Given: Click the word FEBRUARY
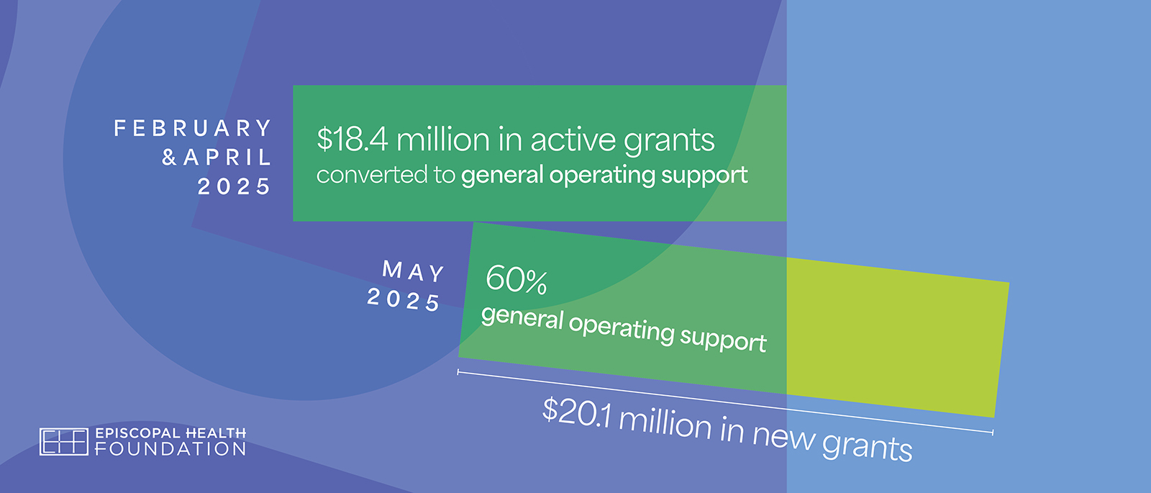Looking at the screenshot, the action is (x=193, y=128).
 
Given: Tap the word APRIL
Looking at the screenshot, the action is (x=227, y=158).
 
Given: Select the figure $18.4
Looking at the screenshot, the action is (x=352, y=140).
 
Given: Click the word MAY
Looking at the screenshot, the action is (x=414, y=271).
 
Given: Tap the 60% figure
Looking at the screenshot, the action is (x=517, y=280).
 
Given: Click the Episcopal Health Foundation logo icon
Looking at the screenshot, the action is (x=64, y=442).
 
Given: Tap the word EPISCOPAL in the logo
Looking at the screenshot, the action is (x=137, y=433).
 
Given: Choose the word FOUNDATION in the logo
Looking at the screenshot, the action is (x=170, y=449).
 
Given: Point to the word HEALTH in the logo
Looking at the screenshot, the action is (x=215, y=433).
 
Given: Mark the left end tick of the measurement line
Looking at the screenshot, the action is (x=458, y=372).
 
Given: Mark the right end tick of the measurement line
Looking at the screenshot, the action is (x=993, y=433).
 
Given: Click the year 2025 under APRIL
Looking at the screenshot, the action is (x=234, y=186).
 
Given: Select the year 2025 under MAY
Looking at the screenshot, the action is (x=404, y=299).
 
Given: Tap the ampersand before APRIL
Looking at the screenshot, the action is (x=169, y=158).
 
